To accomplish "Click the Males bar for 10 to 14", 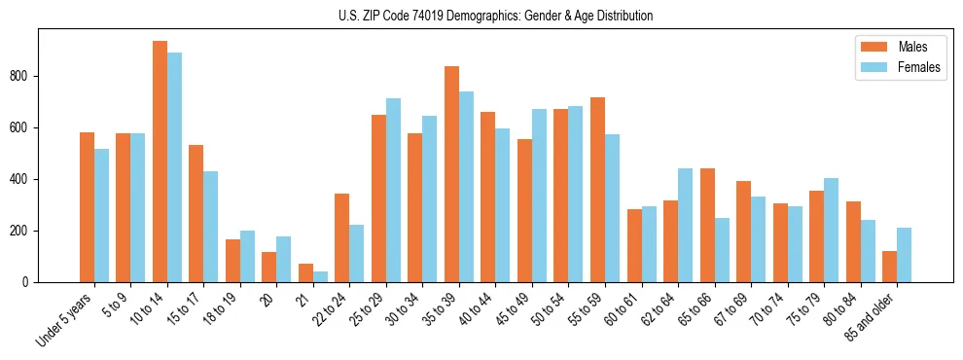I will tap(160, 162).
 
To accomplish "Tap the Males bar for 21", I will tap(305, 272).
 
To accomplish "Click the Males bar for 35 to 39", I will tap(451, 174).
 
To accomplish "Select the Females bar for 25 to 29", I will tap(393, 190).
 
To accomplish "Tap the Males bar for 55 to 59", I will tap(597, 190).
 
